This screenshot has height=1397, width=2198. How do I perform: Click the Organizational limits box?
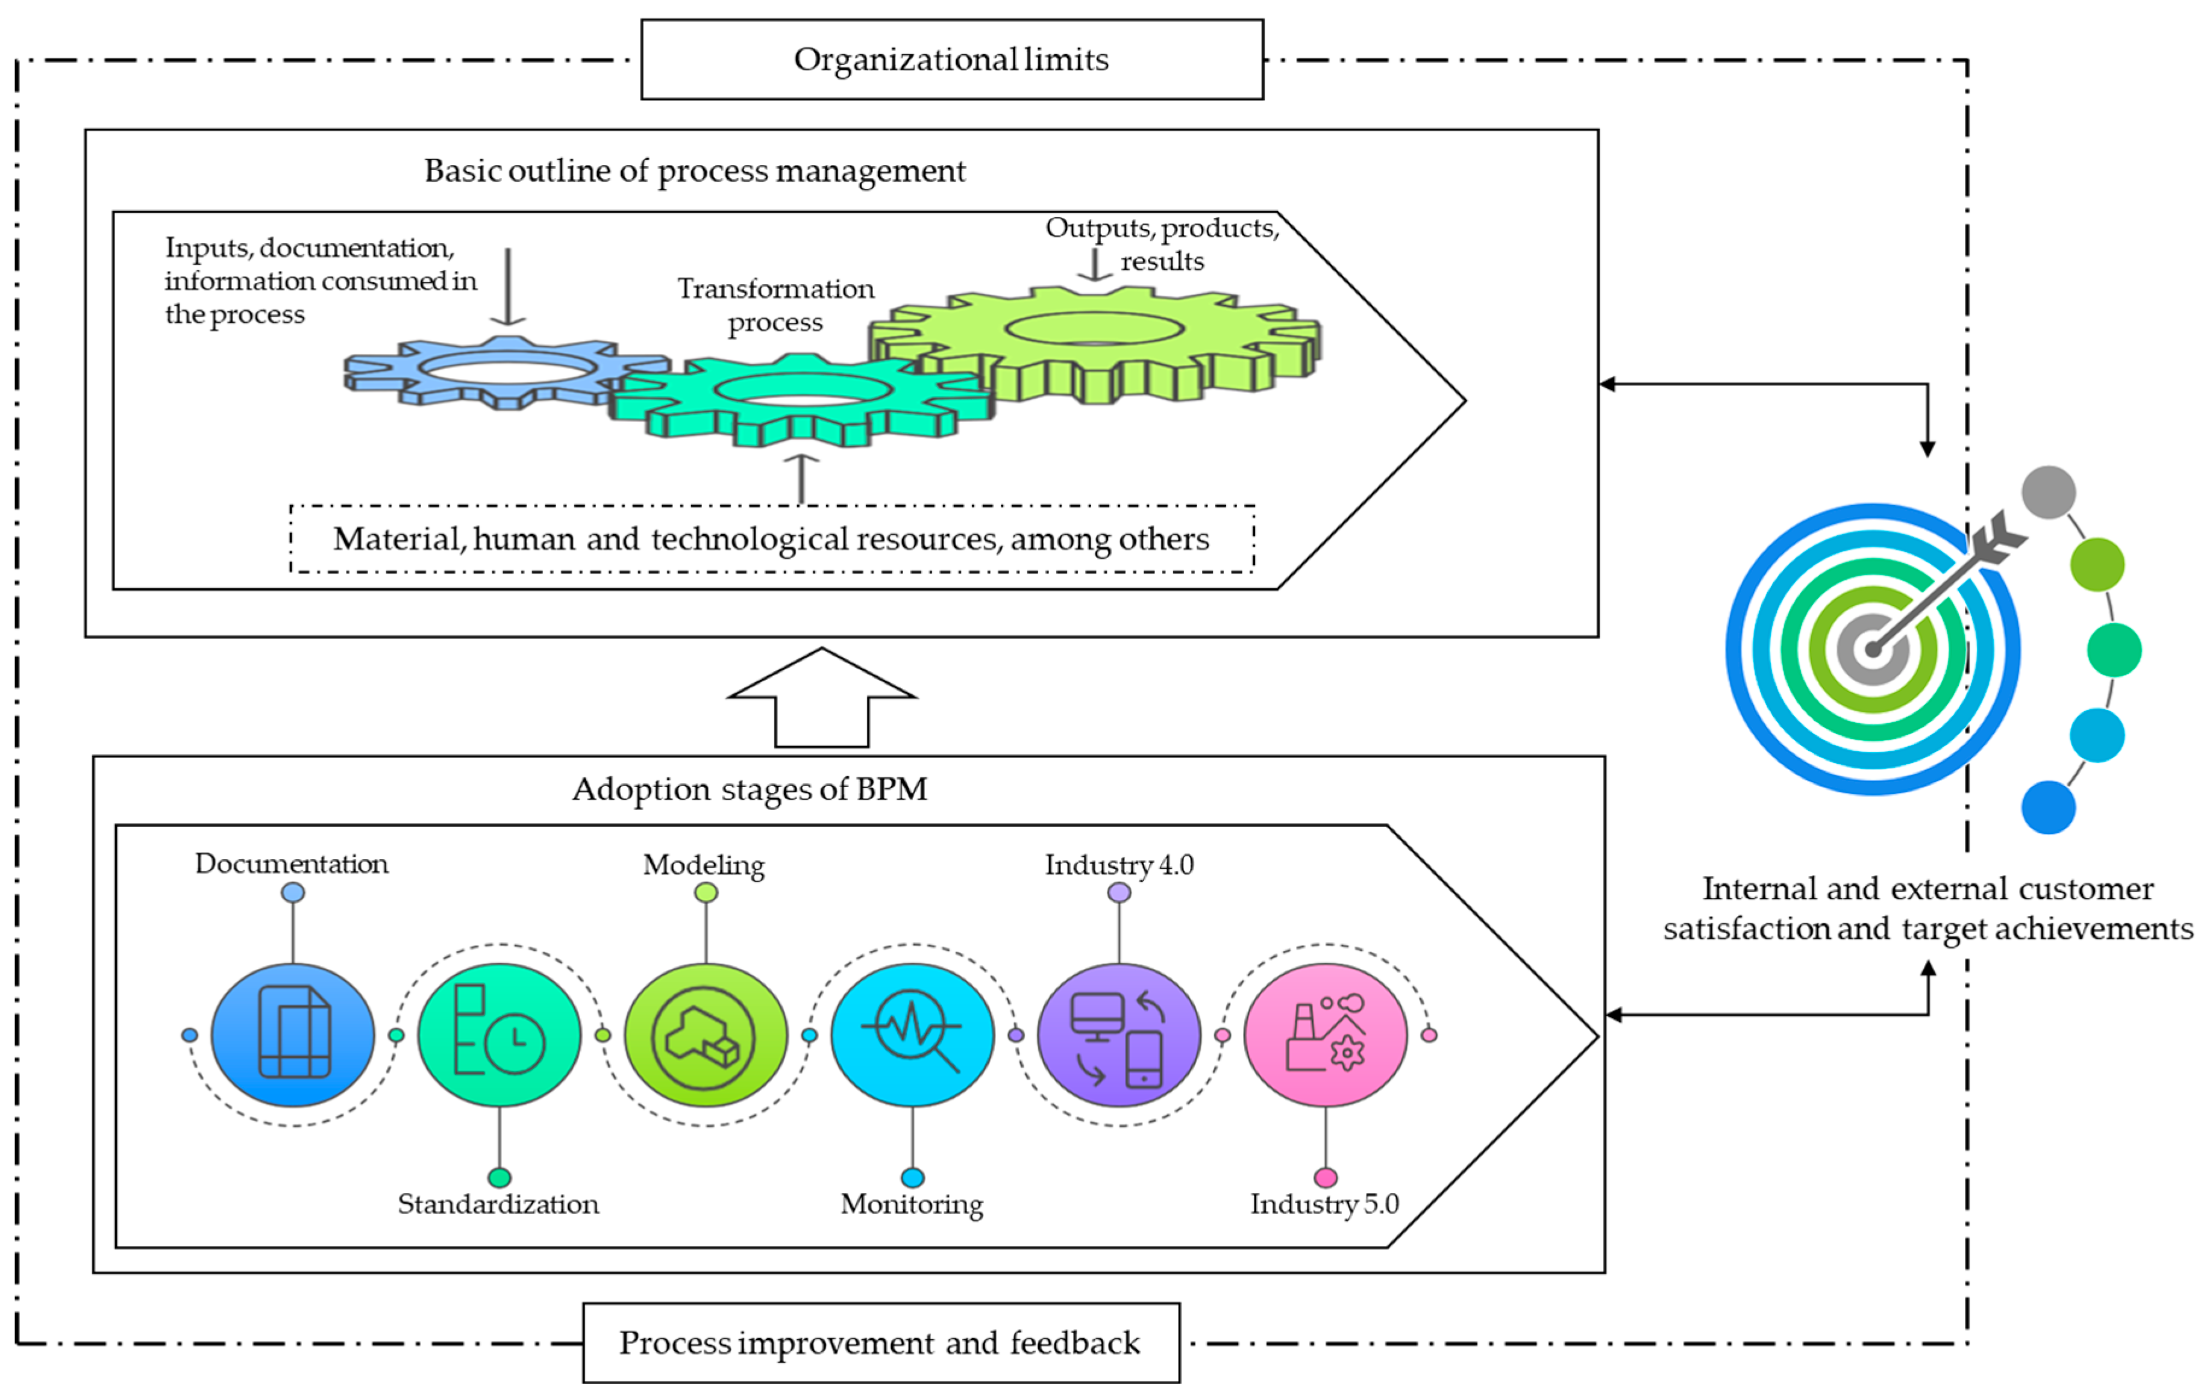[951, 59]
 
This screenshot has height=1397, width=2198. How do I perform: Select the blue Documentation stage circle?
[293, 1035]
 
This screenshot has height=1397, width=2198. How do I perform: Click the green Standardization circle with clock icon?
[499, 1035]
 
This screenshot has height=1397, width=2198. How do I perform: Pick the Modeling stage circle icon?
[706, 1035]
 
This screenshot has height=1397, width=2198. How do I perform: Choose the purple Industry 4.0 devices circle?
[1119, 1035]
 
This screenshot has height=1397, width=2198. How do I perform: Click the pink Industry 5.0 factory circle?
[1326, 1035]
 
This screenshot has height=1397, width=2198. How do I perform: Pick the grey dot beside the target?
[2049, 492]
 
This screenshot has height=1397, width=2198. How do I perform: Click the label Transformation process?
[775, 305]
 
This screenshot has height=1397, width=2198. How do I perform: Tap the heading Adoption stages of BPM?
[750, 788]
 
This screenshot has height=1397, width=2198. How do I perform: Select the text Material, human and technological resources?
[771, 540]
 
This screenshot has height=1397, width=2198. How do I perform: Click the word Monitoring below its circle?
[911, 1204]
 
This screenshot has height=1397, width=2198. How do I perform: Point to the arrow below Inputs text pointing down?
[507, 287]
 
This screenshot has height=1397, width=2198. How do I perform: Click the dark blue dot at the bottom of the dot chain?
[2049, 807]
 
